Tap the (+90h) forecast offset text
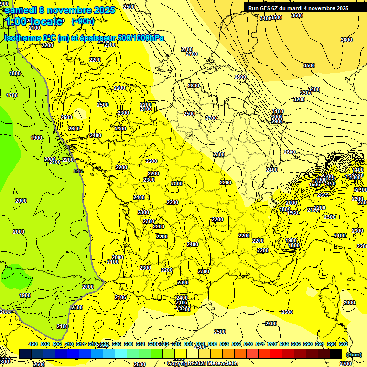click(83, 21)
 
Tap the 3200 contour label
click(299, 99)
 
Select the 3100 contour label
click(277, 111)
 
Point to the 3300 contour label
click(306, 93)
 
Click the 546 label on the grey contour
click(78, 171)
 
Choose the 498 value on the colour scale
click(33, 344)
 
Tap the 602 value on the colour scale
click(344, 344)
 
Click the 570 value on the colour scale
click(248, 344)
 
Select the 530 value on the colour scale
click(129, 344)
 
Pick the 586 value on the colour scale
click(296, 344)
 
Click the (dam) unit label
click(353, 354)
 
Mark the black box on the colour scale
click(336, 354)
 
